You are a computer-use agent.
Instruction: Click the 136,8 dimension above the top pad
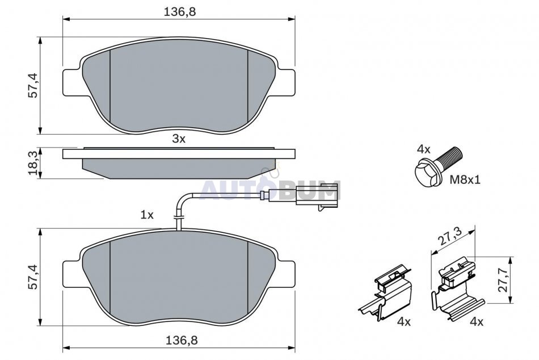click(x=179, y=12)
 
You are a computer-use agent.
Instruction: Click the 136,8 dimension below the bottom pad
click(x=182, y=341)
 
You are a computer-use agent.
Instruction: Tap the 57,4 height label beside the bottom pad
click(x=33, y=277)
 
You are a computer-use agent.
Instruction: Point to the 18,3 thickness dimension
click(x=33, y=163)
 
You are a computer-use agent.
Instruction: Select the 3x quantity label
click(x=179, y=139)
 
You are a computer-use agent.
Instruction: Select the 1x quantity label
click(x=147, y=215)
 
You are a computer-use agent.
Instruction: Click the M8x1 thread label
click(x=465, y=179)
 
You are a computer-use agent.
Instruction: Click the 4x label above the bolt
click(x=423, y=149)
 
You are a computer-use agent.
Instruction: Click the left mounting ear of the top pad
click(x=71, y=82)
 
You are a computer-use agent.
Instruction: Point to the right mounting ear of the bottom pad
click(x=286, y=274)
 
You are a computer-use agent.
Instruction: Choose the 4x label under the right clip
click(x=477, y=322)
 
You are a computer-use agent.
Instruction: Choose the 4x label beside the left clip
click(x=404, y=322)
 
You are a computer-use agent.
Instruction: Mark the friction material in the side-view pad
click(x=179, y=169)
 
